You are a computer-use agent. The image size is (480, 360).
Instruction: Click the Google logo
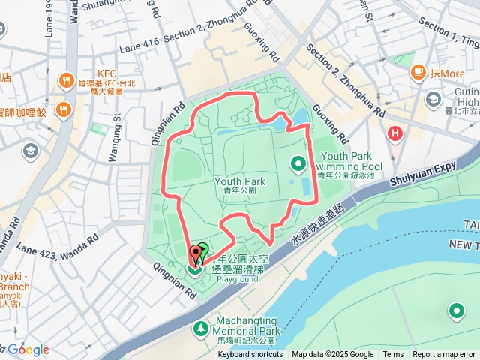pos(28,349)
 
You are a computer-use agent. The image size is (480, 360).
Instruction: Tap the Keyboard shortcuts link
pos(250,355)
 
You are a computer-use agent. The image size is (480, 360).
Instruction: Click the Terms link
pos(393,355)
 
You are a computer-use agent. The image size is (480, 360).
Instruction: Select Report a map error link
pos(444,355)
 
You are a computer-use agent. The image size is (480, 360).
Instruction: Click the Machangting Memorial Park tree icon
pos(200,328)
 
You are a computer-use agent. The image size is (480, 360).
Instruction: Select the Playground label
pos(238,279)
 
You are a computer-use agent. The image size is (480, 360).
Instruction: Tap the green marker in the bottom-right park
pos(456,310)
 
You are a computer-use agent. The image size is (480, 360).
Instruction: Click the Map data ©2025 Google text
pos(332,355)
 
